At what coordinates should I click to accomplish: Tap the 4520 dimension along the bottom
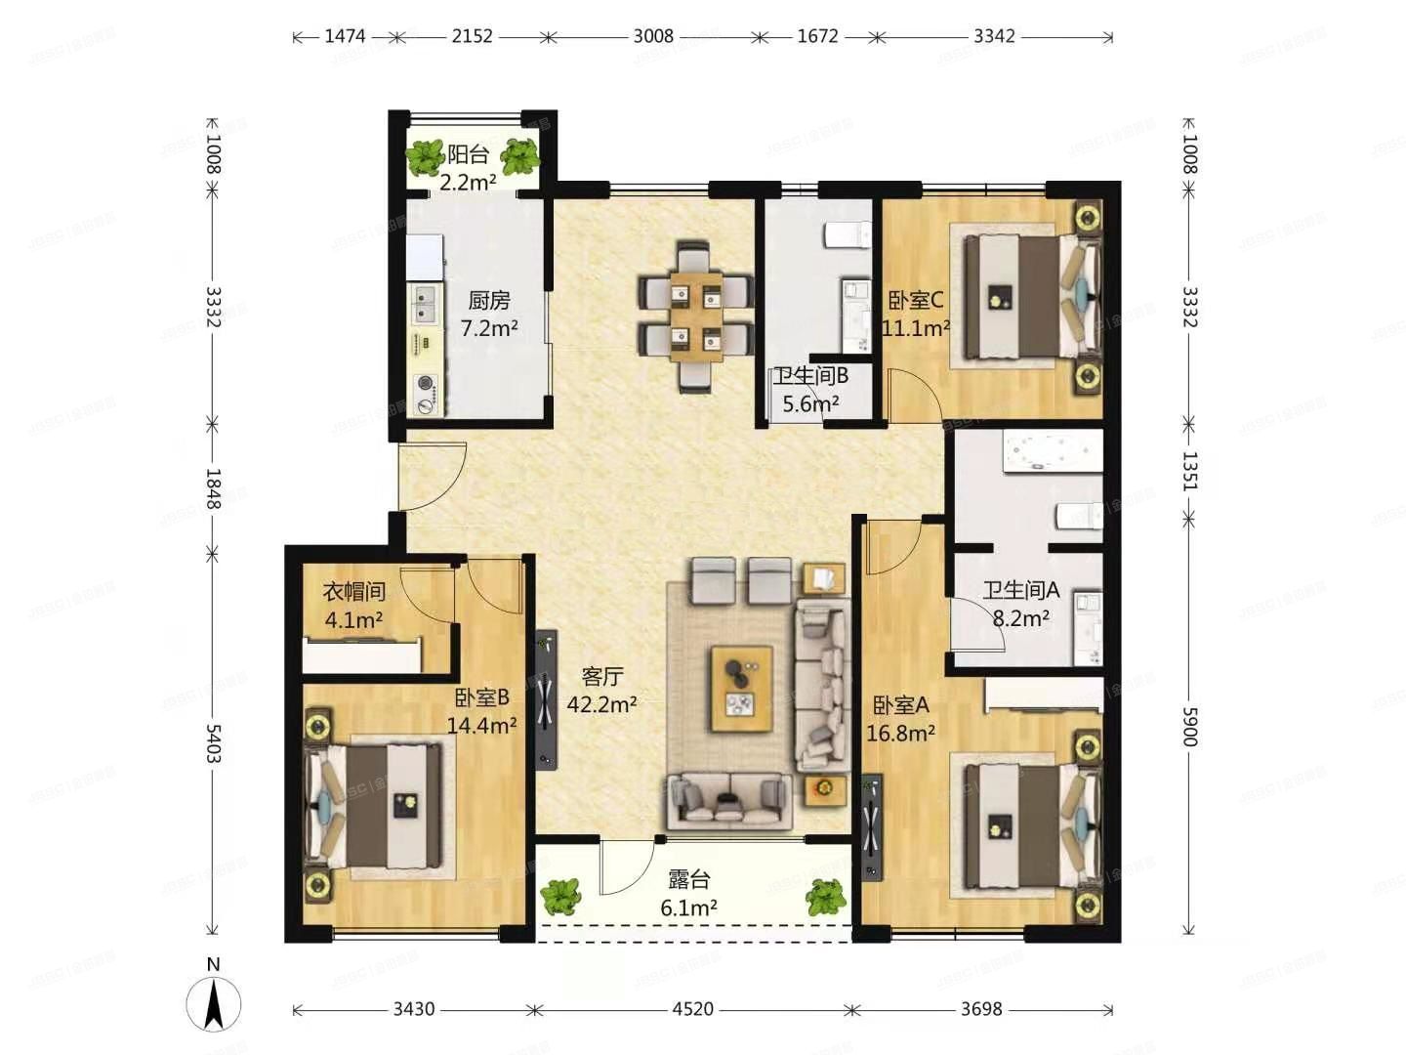click(692, 1009)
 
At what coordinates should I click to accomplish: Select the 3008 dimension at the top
click(653, 36)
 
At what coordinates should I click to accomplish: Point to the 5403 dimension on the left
click(213, 743)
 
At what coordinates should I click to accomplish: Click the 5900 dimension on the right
click(1188, 727)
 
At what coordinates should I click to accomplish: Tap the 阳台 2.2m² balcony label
click(469, 168)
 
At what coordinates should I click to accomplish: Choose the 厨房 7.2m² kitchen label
click(489, 314)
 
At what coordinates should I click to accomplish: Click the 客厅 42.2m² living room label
click(601, 690)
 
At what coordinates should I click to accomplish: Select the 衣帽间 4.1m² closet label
click(353, 606)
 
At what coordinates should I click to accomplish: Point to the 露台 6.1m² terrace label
click(688, 893)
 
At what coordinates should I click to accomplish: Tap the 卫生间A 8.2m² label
click(1021, 604)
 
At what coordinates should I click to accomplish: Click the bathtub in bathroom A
click(1054, 452)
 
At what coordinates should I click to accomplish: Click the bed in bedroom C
click(1031, 296)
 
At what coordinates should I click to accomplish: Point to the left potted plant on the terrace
click(559, 896)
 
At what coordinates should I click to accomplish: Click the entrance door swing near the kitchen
click(433, 477)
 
